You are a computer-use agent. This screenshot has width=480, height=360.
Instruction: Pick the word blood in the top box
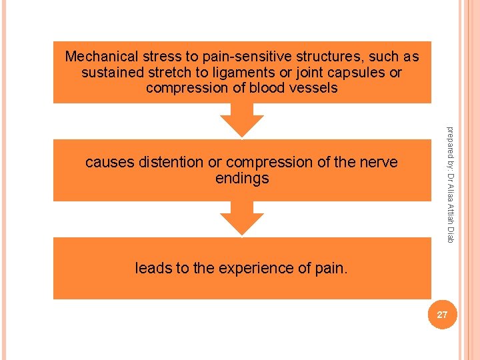coord(265,88)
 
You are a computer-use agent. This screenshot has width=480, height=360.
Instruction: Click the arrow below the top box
coord(242,120)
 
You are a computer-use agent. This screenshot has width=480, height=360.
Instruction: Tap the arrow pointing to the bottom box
coord(242,219)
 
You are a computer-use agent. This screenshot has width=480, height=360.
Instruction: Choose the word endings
coord(242,178)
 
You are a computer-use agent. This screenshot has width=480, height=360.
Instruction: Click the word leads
coord(153,268)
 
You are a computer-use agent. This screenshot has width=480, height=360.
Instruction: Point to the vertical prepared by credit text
coord(451,183)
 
